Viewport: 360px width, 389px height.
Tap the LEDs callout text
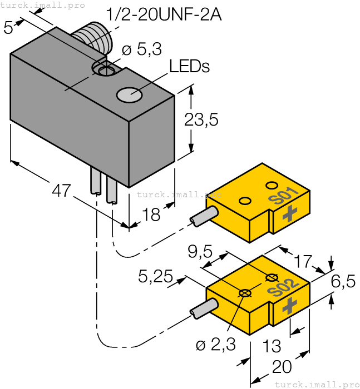coord(189,67)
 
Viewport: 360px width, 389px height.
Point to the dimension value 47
coord(61,191)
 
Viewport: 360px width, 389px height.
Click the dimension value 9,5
coord(200,253)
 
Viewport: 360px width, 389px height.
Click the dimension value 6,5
coord(343,282)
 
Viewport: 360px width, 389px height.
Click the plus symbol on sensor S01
coord(289,213)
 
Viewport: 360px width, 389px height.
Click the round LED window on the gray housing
coord(129,95)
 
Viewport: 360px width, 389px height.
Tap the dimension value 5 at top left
coord(8,28)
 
